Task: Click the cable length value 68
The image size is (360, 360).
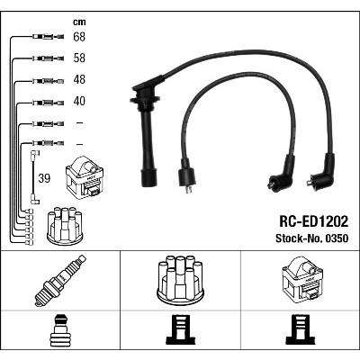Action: pos(79,37)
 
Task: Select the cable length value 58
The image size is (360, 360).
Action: pos(79,58)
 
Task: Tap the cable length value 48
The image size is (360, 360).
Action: pos(79,80)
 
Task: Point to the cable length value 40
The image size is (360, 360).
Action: pos(79,101)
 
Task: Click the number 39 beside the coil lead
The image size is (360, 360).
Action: pos(44,178)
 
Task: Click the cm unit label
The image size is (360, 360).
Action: pos(79,22)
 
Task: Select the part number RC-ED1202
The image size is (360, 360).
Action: pos(314,222)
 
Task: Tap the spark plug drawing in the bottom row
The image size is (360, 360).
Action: pos(60,281)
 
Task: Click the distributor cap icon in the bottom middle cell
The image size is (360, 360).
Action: pos(181,279)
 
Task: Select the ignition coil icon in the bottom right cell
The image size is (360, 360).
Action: pos(302,278)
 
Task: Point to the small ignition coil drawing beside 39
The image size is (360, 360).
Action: pos(85,177)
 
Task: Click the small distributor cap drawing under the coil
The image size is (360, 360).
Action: pos(65,226)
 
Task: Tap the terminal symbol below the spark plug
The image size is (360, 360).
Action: pos(60,330)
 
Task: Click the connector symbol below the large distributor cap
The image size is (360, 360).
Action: pos(180,329)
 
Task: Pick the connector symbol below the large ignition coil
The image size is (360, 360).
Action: pos(301,329)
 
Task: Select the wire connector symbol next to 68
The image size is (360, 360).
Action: pos(48,37)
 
